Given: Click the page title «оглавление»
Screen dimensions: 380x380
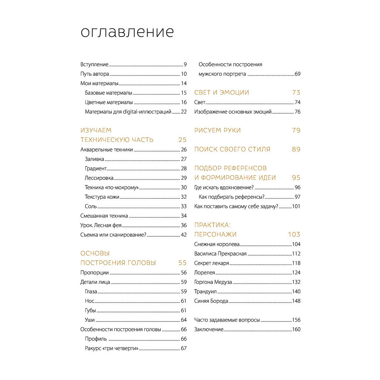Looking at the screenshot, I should (x=127, y=32).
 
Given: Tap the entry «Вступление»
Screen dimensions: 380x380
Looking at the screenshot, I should (x=95, y=65).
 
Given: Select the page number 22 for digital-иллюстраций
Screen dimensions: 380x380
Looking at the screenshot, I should (x=184, y=112).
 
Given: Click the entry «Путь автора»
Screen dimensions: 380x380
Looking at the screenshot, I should (x=95, y=74).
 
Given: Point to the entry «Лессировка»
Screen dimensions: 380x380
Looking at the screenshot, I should (x=99, y=178).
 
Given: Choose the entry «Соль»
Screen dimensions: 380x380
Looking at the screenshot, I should (x=91, y=206).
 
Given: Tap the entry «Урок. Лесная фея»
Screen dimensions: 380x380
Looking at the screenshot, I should (x=101, y=225).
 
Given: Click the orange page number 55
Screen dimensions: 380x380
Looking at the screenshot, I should (x=182, y=263).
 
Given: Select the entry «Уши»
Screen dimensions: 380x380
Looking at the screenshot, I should (x=90, y=320).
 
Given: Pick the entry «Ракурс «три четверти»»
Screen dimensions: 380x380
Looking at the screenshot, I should (x=111, y=348).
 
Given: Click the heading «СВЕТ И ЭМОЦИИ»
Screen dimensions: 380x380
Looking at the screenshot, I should (x=222, y=92).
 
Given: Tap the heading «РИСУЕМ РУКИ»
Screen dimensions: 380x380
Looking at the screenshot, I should (x=217, y=130).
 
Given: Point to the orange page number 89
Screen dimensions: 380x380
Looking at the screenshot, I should (x=296, y=149).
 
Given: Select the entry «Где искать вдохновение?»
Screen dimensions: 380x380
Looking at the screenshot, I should (x=224, y=187).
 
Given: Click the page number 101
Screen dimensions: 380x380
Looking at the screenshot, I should (x=296, y=206).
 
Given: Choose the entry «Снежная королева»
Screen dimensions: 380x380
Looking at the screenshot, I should (x=217, y=244).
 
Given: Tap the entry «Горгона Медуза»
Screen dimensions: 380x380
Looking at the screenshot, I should (x=213, y=282).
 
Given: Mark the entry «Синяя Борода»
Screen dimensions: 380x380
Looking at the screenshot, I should (x=211, y=301).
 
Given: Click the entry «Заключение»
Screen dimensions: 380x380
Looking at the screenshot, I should (x=209, y=329).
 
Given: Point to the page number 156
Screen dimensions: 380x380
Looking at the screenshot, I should (x=296, y=320).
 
